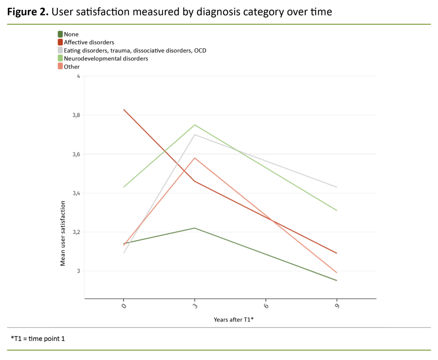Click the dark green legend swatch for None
[60, 34]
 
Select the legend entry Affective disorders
[89, 42]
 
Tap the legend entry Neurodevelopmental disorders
[106, 59]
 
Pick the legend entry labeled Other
[71, 67]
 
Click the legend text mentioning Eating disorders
[135, 51]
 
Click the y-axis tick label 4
[78, 76]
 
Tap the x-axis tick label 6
[266, 306]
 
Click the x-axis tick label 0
[124, 306]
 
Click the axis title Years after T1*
[234, 320]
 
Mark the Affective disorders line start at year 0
[124, 110]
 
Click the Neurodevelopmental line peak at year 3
[195, 125]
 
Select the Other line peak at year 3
[195, 158]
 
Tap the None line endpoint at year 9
[337, 280]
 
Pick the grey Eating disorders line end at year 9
[337, 187]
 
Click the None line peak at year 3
[195, 228]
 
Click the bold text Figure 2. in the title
[28, 12]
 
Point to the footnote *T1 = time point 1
[38, 339]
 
